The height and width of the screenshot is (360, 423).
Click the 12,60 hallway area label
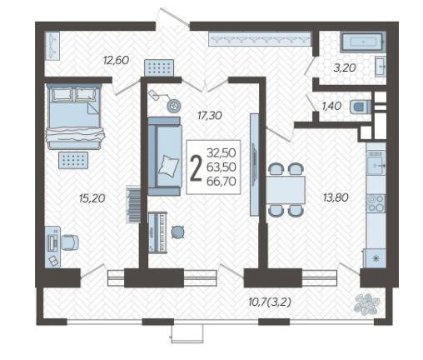[x=116, y=60]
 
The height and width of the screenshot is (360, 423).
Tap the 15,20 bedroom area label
[x=92, y=198]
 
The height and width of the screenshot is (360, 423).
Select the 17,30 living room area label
[x=210, y=115]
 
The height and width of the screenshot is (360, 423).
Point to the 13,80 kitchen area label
[x=336, y=197]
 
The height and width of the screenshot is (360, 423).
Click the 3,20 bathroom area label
[x=345, y=67]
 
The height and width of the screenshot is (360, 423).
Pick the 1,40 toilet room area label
[x=331, y=106]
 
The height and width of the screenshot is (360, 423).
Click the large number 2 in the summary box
[x=196, y=167]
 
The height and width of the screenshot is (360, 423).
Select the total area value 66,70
[x=221, y=182]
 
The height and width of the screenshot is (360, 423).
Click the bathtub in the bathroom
[x=363, y=42]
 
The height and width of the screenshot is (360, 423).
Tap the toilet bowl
[x=361, y=107]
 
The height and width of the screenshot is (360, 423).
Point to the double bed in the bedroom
[x=74, y=117]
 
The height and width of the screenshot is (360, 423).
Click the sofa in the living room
[x=165, y=156]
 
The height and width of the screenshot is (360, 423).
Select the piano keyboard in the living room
[x=157, y=232]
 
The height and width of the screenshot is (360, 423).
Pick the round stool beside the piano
[x=177, y=232]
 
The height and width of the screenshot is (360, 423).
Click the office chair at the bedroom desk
[x=70, y=242]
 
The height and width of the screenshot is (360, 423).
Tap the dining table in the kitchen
[x=286, y=190]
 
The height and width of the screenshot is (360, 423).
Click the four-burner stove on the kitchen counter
[x=376, y=203]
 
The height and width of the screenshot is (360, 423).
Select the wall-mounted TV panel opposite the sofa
[x=254, y=164]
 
